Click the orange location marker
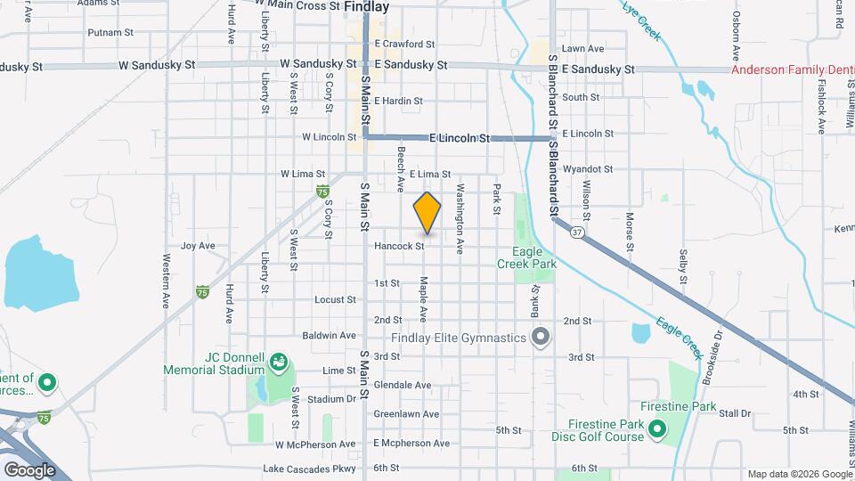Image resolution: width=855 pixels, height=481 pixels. pos(427,213)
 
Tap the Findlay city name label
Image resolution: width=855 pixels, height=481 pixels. pos(366,6)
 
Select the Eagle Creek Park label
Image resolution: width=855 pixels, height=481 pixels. pos(533,257)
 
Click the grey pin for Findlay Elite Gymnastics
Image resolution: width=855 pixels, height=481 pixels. pos(540,337)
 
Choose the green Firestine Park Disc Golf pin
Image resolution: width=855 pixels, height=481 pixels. pos(657,430)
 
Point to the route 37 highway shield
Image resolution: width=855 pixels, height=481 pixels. pos(578,232)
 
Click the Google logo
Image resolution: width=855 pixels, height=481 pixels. pos(29,469)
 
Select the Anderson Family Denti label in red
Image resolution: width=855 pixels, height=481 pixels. pos(793,69)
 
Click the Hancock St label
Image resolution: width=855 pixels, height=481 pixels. pos(398,246)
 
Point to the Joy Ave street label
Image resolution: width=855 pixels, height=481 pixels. pos(198,246)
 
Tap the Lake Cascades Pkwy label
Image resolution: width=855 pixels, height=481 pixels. pos(309,469)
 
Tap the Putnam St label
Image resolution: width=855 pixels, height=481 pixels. pos(110,32)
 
